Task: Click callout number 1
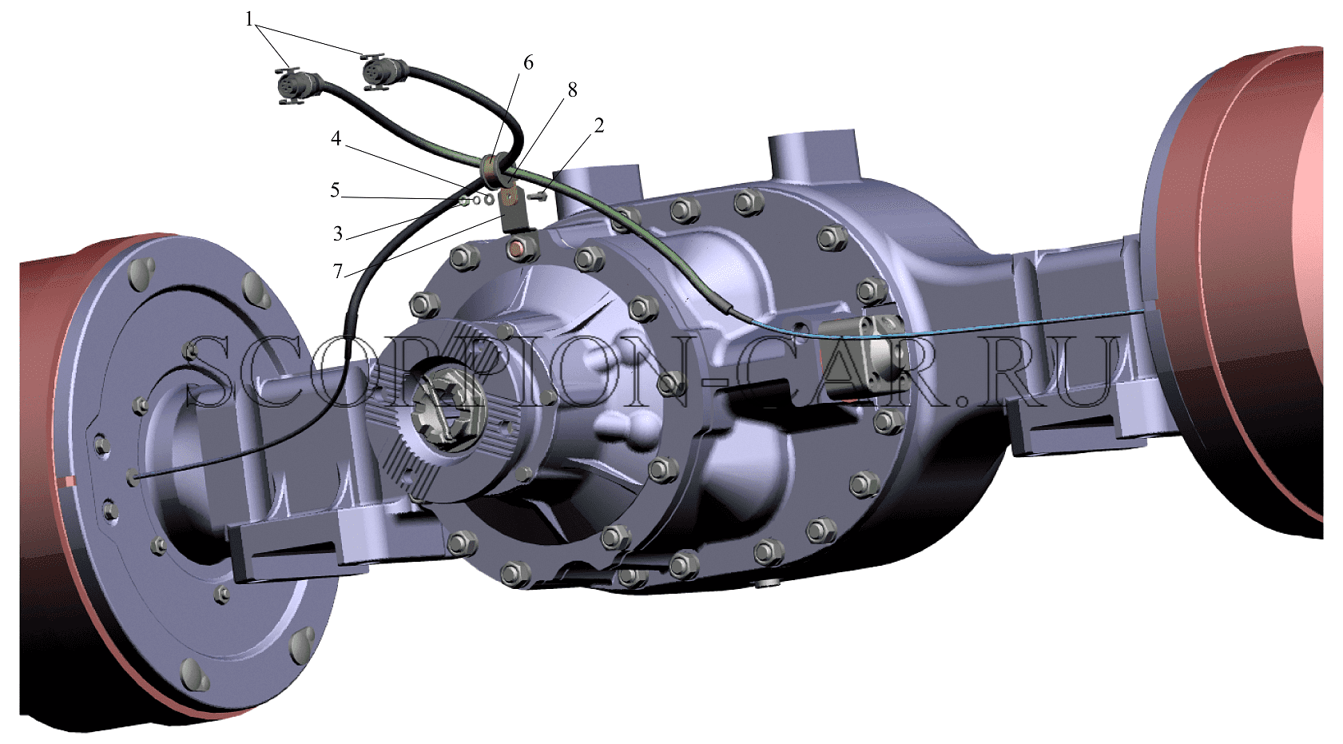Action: [x=249, y=20]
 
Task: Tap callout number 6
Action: [x=527, y=62]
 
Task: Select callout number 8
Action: [x=573, y=90]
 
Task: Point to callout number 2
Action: [x=598, y=125]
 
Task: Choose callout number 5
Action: [x=335, y=190]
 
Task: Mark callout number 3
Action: [x=338, y=233]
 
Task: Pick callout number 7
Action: [x=338, y=272]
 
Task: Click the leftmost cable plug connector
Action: [x=296, y=86]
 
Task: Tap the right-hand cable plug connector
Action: [x=383, y=73]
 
